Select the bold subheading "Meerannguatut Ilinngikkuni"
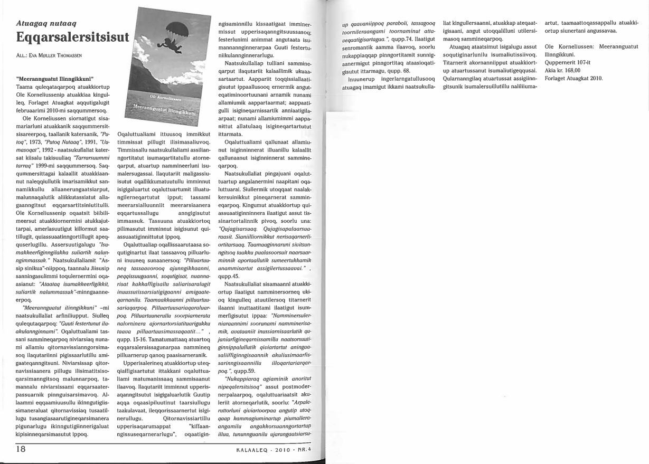pos(50,80)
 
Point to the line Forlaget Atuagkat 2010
pos(573,79)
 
